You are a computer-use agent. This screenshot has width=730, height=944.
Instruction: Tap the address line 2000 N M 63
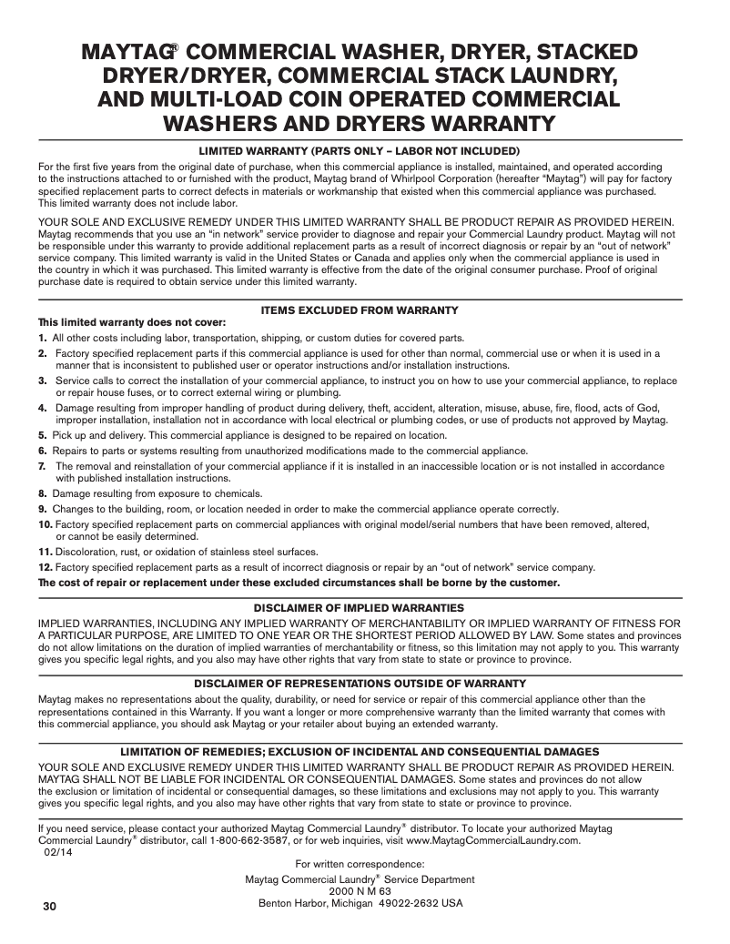coord(360,892)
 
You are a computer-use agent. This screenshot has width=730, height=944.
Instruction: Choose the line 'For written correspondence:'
coord(360,864)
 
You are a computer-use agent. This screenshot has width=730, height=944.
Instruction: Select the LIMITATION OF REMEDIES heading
coord(360,751)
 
